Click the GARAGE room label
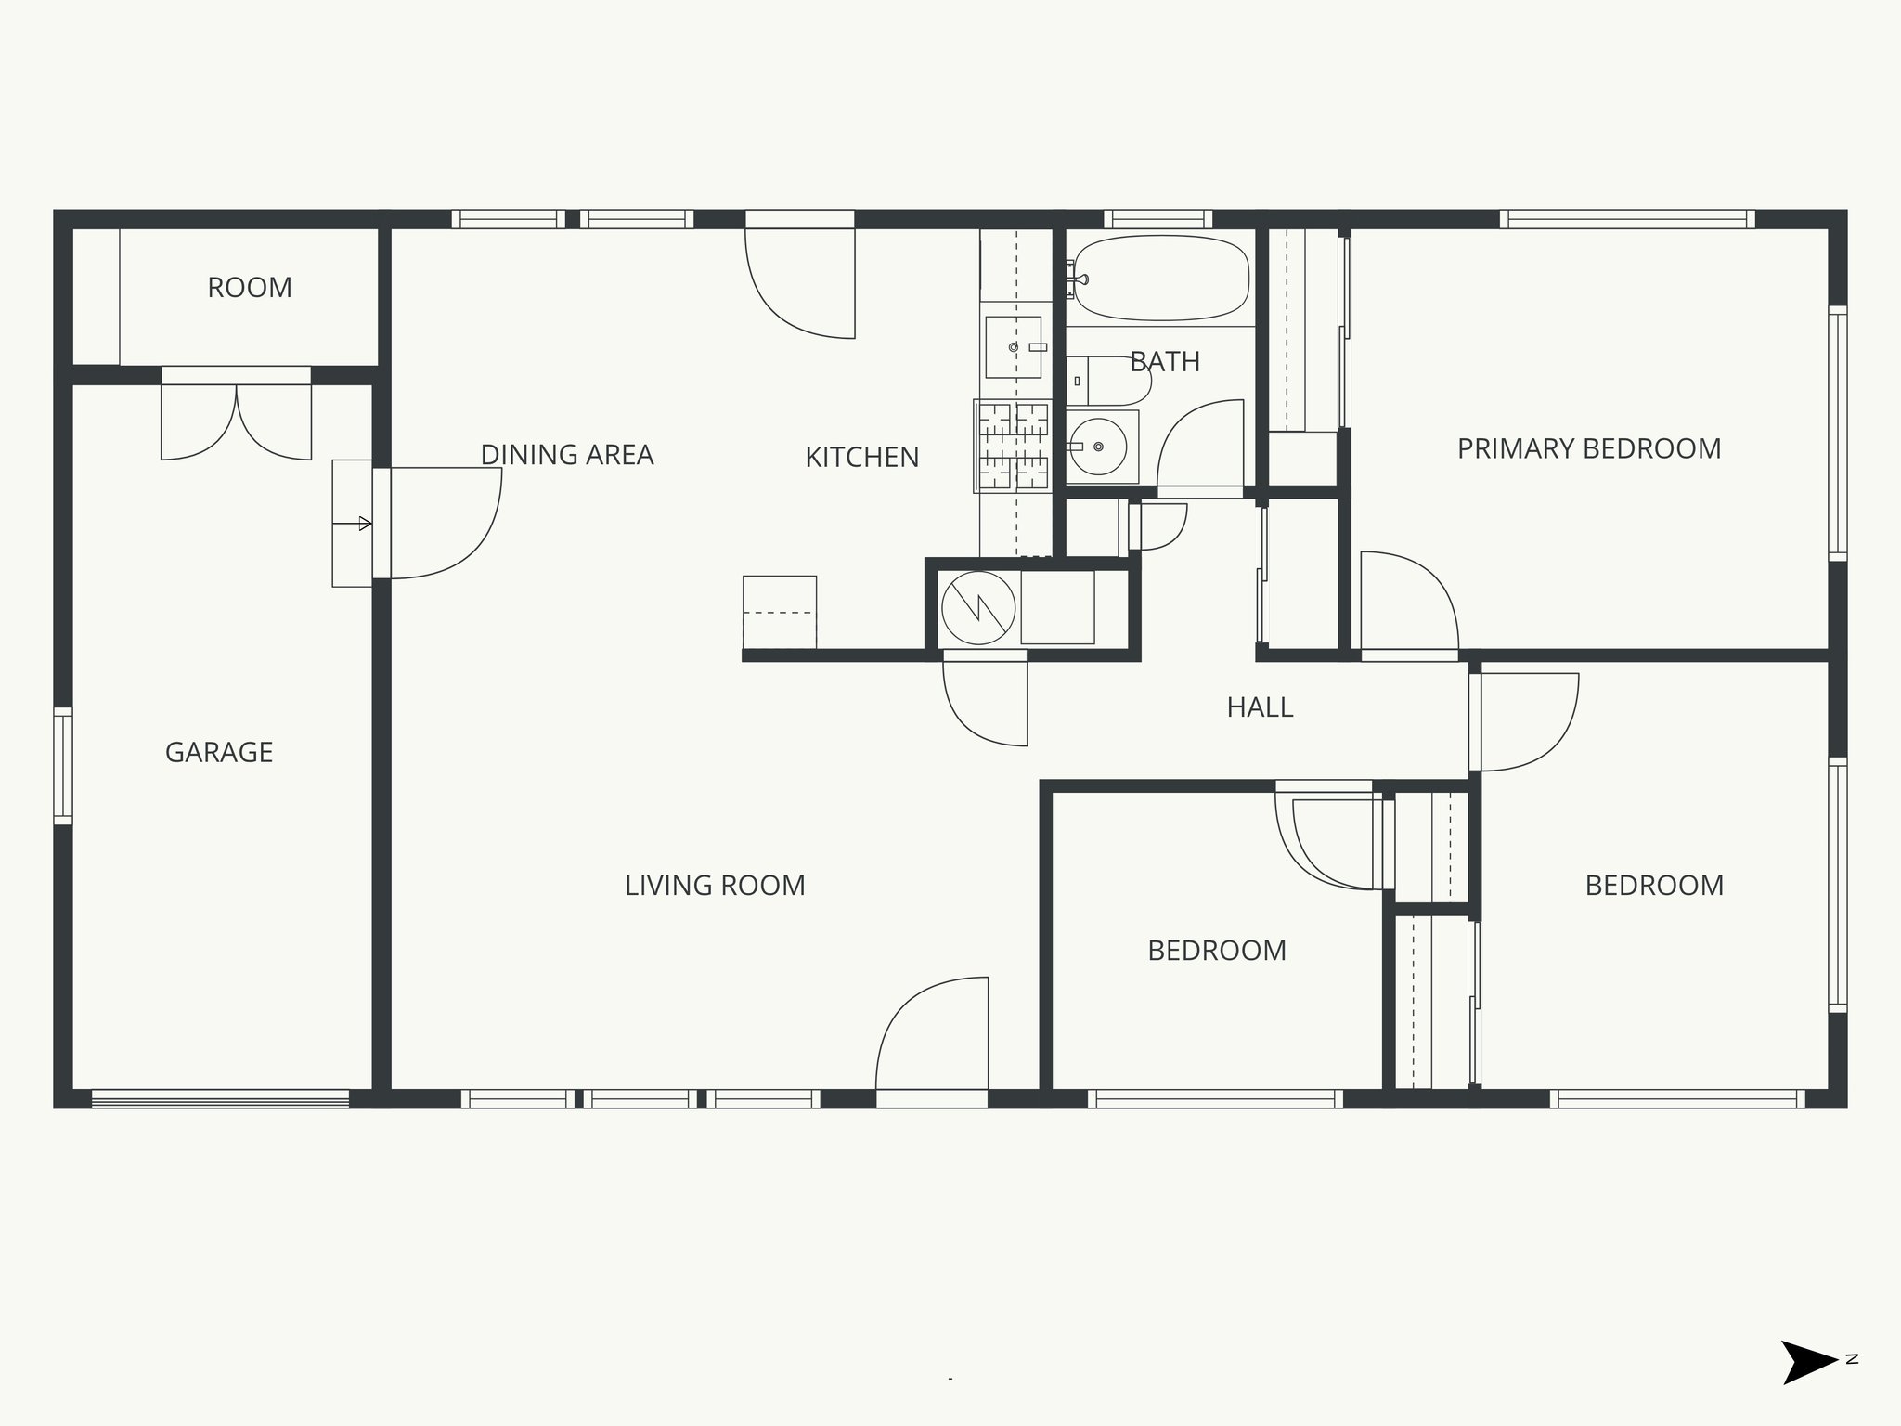[x=219, y=752]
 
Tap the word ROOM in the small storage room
[x=250, y=288]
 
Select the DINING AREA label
[x=566, y=455]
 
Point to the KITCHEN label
[x=861, y=457]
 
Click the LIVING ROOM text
[x=715, y=886]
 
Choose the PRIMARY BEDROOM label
[x=1588, y=449]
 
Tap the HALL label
[x=1260, y=707]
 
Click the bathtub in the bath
[x=1160, y=278]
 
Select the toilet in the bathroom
[x=1108, y=381]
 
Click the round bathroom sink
[x=1098, y=447]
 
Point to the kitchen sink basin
[x=1013, y=346]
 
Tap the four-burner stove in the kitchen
[x=1013, y=446]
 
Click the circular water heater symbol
[x=978, y=608]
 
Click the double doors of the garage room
[x=236, y=422]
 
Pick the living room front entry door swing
[x=933, y=1035]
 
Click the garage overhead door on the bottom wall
[x=220, y=1099]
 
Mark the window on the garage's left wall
[x=62, y=766]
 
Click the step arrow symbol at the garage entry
[x=353, y=524]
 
